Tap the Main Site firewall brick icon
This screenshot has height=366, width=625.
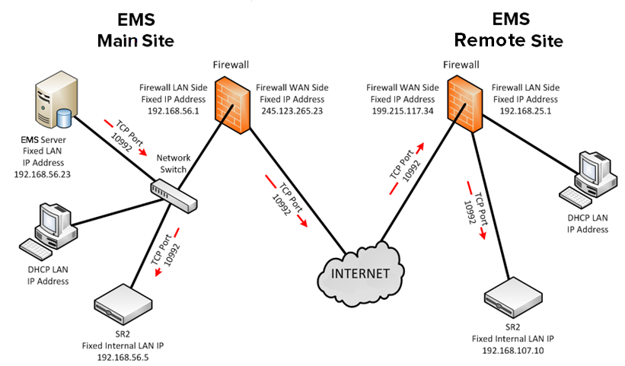click(x=232, y=103)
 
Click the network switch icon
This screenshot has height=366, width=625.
click(x=174, y=194)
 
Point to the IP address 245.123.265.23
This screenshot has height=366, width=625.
click(x=292, y=110)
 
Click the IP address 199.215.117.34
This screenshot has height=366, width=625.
click(x=403, y=110)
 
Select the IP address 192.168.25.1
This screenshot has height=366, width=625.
click(x=525, y=110)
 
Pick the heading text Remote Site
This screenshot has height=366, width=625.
click(x=508, y=40)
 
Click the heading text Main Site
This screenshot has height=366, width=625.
click(x=136, y=40)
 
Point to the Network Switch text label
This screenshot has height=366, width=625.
click(x=173, y=163)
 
